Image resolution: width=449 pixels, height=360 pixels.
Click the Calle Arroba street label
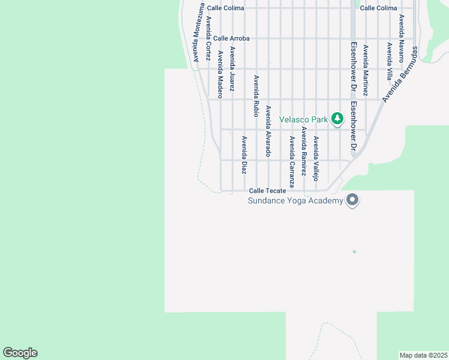click(231, 38)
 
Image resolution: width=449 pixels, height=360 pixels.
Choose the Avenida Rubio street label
click(256, 95)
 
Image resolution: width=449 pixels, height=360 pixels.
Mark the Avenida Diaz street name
click(244, 155)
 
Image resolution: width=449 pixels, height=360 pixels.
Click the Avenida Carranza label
click(292, 161)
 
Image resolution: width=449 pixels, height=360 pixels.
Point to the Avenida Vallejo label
click(316, 158)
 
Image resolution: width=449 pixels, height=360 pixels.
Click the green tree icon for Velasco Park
click(337, 118)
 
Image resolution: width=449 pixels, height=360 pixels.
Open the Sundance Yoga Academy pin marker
click(352, 199)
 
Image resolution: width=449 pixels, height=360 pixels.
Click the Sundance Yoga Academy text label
click(295, 200)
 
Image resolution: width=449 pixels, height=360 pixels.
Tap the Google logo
click(20, 353)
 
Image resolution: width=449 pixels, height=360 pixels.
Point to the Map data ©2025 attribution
click(423, 355)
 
